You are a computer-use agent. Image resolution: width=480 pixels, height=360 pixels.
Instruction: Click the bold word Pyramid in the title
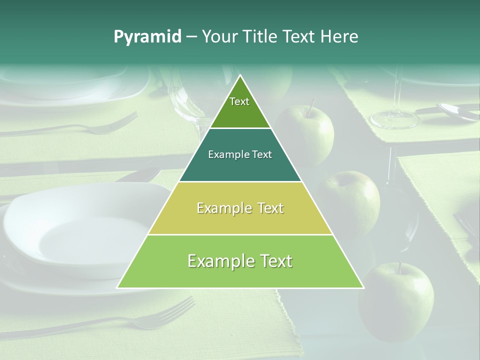click(x=147, y=37)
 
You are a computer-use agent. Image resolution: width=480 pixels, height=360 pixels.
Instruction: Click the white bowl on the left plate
click(x=80, y=230)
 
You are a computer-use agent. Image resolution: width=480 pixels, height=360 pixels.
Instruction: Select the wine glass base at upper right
click(x=394, y=119)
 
